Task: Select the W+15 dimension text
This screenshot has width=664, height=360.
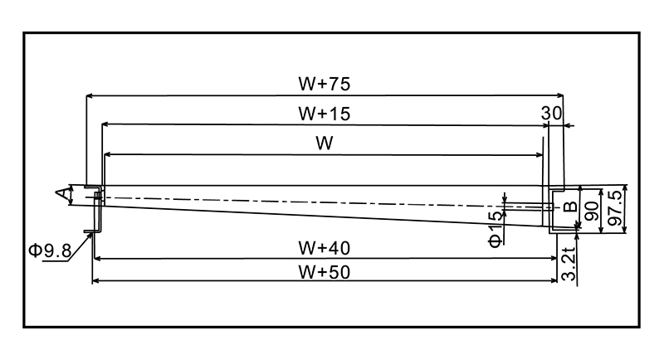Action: pyautogui.click(x=324, y=114)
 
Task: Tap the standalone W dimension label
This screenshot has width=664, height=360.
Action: pyautogui.click(x=324, y=144)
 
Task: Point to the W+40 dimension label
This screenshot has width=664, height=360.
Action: pyautogui.click(x=324, y=247)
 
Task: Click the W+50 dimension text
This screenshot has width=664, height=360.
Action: pyautogui.click(x=324, y=271)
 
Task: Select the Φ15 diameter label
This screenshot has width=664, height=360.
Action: pyautogui.click(x=496, y=228)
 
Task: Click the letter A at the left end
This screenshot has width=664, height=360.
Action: pyautogui.click(x=62, y=195)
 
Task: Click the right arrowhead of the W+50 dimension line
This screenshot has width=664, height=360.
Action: pyautogui.click(x=552, y=281)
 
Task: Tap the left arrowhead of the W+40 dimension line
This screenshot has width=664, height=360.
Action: pyautogui.click(x=96, y=258)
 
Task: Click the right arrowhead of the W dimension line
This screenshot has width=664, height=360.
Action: pyautogui.click(x=539, y=154)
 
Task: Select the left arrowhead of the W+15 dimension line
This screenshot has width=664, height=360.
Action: pyautogui.click(x=105, y=124)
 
